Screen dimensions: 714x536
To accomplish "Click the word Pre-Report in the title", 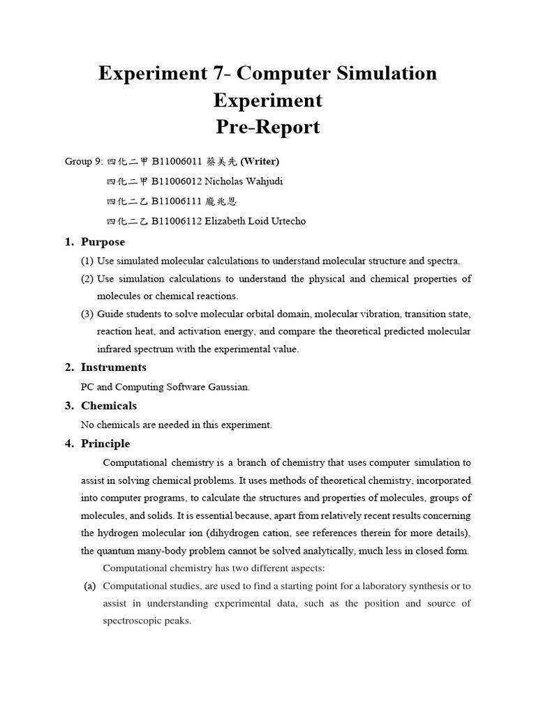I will click(x=267, y=127).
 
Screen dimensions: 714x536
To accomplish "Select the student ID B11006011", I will click(x=177, y=161).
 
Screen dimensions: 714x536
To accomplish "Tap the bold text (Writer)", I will click(x=260, y=161).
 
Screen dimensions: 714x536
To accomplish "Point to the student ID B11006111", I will click(x=177, y=202).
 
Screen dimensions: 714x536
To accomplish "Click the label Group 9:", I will click(x=84, y=161).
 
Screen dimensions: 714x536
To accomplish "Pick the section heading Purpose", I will click(x=103, y=242).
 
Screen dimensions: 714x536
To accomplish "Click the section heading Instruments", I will click(x=113, y=367).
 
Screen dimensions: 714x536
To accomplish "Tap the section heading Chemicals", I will click(x=109, y=405).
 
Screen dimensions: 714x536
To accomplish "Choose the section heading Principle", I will click(x=105, y=443).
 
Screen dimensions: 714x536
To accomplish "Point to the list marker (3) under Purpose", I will click(x=87, y=314).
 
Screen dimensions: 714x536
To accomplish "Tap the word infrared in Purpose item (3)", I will click(x=117, y=349).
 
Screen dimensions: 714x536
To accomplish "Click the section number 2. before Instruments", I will click(x=69, y=367).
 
